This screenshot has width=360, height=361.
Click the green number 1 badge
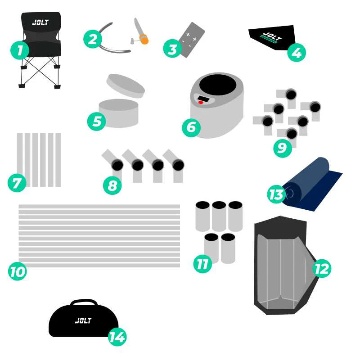point(20,50)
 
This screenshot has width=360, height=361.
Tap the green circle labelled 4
point(297,52)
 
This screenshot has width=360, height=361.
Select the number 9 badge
point(283,148)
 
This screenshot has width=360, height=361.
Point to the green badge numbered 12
point(322,268)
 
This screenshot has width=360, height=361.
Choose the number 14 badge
point(117,337)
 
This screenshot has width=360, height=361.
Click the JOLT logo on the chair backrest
point(40,23)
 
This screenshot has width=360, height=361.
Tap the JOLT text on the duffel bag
point(83,320)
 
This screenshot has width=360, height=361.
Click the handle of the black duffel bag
point(84,302)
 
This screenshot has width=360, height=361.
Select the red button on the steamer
point(201,102)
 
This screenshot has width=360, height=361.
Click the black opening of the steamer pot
point(218,85)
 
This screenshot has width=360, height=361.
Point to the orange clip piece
point(144,39)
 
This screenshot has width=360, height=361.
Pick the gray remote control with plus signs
point(193,40)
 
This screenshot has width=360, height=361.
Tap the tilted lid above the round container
point(126,86)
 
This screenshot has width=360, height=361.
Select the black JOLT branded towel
point(272,37)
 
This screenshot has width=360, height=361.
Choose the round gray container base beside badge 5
point(119,113)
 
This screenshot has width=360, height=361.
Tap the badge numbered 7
point(17,183)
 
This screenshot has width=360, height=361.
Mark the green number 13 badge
point(276,194)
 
